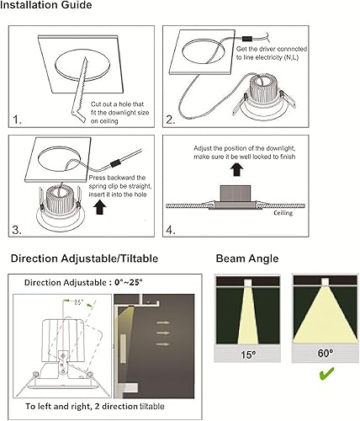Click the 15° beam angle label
[247, 355]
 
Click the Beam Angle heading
[246, 258]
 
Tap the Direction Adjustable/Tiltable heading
[83, 258]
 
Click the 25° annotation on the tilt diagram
[78, 301]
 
